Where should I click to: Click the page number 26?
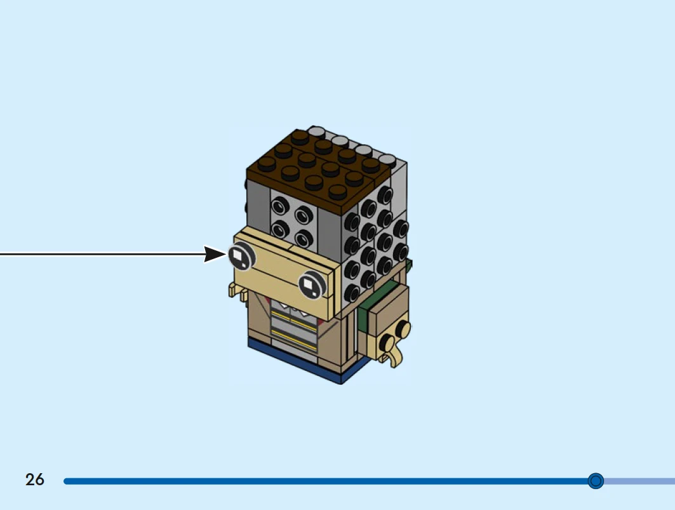(35, 480)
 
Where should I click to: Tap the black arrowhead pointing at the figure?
(215, 255)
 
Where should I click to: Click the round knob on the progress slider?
(596, 481)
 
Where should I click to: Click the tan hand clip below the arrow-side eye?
(236, 293)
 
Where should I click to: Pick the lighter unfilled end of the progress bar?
(638, 481)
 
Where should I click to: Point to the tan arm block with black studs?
(387, 321)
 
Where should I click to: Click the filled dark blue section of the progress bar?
(317, 481)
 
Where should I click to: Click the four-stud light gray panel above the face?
(293, 219)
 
